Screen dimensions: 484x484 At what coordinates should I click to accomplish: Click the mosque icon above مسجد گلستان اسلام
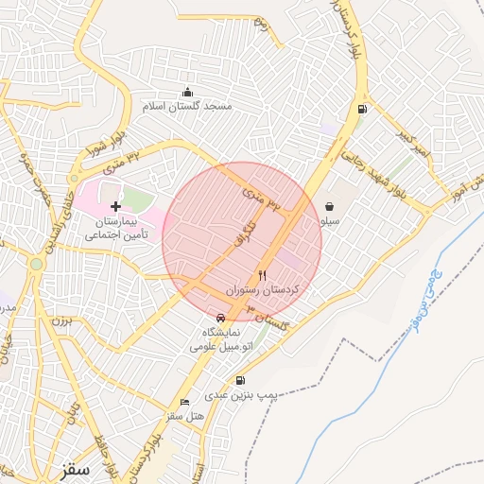pyautogui.click(x=187, y=92)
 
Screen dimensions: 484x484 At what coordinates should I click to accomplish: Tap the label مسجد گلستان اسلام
pyautogui.click(x=187, y=106)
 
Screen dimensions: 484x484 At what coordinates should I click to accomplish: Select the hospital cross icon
pyautogui.click(x=115, y=205)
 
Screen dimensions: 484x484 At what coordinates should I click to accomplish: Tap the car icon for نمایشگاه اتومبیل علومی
pyautogui.click(x=220, y=318)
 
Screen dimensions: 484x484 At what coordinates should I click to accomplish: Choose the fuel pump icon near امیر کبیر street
pyautogui.click(x=361, y=109)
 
